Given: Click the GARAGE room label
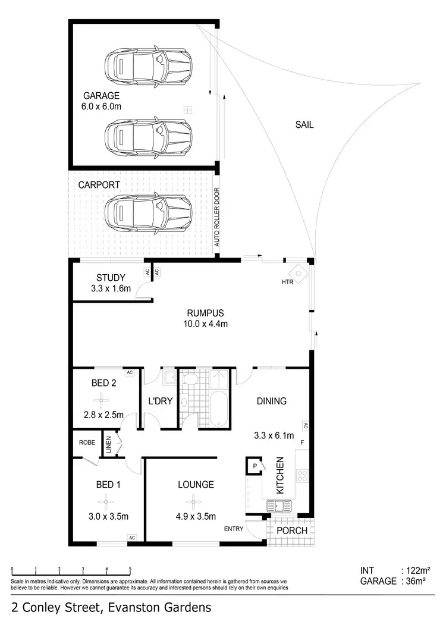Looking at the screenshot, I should pos(101,96).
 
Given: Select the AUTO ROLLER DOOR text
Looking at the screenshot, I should pos(217,217).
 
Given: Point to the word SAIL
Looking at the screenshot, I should pos(304,125).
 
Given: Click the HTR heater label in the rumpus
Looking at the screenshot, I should pos(288,282).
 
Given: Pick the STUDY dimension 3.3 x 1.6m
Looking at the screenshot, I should pos(111,289).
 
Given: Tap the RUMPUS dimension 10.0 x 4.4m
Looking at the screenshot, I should pos(206,324).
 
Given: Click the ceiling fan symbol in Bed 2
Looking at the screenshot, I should pos(105,398).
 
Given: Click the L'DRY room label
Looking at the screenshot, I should pos(160,401).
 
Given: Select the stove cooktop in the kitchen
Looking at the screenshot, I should pos(302,475).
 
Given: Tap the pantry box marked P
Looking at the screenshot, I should pos(255,466).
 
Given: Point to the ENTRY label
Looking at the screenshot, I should pos(233,529).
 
